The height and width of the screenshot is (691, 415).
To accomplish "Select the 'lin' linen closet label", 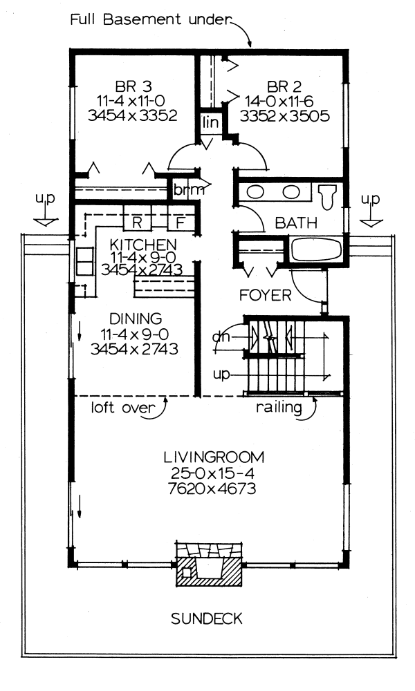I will pos(210,122).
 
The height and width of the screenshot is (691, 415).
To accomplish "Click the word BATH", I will pos(296,223).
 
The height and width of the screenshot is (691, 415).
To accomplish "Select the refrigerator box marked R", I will pos(138,223).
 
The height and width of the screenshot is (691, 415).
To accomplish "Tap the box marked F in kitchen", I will pos(179,223).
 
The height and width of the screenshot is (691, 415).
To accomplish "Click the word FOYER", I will pos(264,295).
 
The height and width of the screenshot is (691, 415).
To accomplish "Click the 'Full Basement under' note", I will pos(149,19).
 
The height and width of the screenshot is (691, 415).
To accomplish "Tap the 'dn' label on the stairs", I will pos(221,337).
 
